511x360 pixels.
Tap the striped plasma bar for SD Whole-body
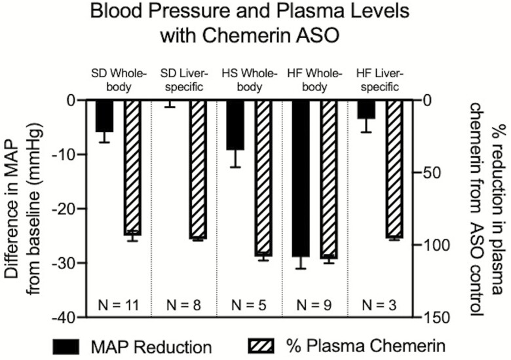(x=132, y=167)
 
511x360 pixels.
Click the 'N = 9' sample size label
(x=313, y=304)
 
